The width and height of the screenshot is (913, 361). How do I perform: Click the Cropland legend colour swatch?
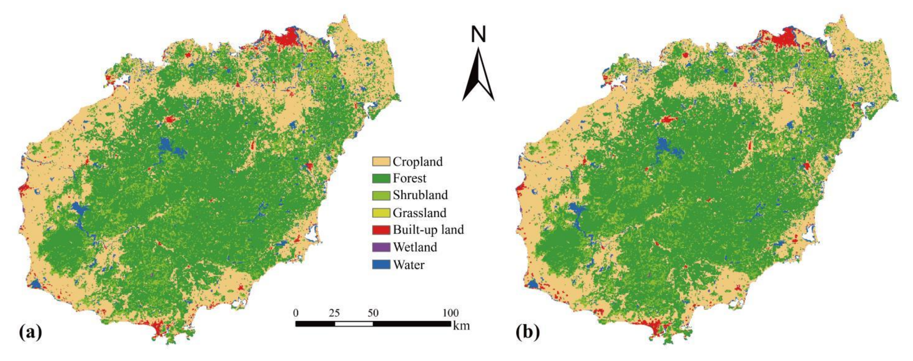[381, 161]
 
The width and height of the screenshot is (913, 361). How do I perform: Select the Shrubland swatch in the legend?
[381, 195]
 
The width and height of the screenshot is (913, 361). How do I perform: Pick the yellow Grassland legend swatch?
[381, 212]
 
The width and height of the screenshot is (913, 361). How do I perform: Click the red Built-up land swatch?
[381, 230]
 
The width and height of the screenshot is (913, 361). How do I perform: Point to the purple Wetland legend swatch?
[381, 247]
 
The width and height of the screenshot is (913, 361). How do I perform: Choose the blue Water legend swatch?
[381, 265]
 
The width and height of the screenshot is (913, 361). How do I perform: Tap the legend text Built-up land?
[428, 230]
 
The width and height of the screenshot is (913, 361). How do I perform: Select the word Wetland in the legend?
[415, 247]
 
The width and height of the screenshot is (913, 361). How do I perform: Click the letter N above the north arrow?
[478, 35]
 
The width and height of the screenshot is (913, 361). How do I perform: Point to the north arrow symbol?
[478, 76]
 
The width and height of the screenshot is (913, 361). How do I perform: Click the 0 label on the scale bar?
[296, 313]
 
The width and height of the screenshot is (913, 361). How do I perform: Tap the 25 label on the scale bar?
[334, 313]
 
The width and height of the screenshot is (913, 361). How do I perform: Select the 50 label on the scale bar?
[373, 313]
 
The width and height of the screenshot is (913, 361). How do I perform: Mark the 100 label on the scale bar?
[450, 313]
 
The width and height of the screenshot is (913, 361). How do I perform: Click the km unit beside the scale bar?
[461, 326]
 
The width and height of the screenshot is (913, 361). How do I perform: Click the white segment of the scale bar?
[354, 324]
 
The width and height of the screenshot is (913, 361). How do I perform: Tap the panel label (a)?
[30, 333]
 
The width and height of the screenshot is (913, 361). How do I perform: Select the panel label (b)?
[528, 333]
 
